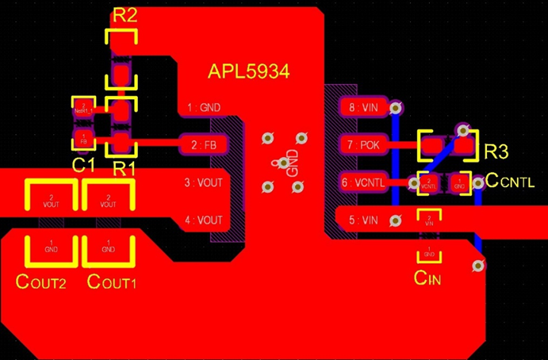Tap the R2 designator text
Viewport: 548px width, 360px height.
point(125,15)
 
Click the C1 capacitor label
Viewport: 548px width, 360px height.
point(83,165)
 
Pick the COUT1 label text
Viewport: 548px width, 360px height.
point(111,281)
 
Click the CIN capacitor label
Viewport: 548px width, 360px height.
point(427,278)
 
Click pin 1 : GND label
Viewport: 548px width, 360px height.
point(204,107)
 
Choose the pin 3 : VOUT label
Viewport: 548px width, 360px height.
point(204,183)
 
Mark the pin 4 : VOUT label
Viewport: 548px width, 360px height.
point(204,220)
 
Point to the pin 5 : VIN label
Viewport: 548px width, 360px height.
point(363,220)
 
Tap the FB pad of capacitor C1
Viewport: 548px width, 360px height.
point(82,140)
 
